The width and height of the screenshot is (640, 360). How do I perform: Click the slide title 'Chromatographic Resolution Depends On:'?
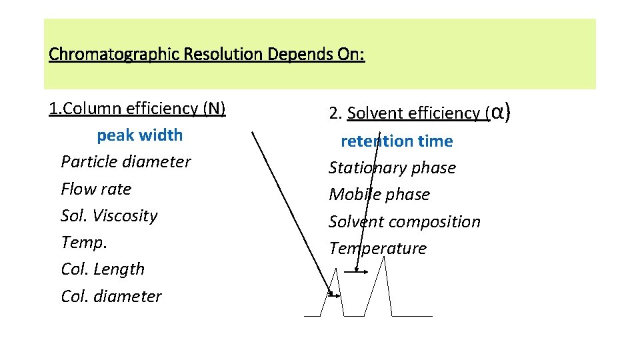pyautogui.click(x=207, y=53)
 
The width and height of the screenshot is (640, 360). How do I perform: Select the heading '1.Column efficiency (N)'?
pyautogui.click(x=137, y=108)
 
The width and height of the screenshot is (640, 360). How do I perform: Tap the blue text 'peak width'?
pyautogui.click(x=139, y=135)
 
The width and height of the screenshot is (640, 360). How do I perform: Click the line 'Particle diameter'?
pyautogui.click(x=125, y=162)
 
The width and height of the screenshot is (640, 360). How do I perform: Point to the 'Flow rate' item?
pyautogui.click(x=96, y=189)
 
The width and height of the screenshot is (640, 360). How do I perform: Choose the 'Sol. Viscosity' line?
pyautogui.click(x=109, y=215)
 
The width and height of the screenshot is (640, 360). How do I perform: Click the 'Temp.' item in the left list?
pyautogui.click(x=83, y=242)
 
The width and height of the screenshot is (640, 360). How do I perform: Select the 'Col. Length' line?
pyautogui.click(x=102, y=269)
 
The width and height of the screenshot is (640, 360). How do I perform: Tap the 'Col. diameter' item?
pyautogui.click(x=111, y=296)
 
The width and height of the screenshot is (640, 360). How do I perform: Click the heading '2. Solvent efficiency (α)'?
pyautogui.click(x=420, y=113)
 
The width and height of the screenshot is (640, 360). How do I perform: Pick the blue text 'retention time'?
pyautogui.click(x=397, y=141)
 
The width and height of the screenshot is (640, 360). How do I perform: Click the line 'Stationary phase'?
pyautogui.click(x=392, y=168)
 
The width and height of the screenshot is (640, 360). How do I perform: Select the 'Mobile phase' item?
pyautogui.click(x=379, y=195)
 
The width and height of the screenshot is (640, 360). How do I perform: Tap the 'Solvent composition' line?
pyautogui.click(x=404, y=221)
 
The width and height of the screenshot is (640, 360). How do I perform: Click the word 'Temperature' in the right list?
pyautogui.click(x=377, y=249)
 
